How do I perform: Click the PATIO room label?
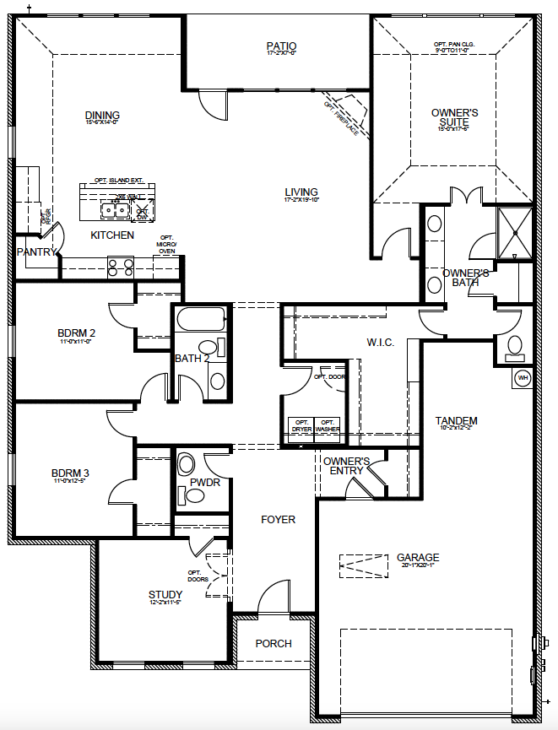click(281, 46)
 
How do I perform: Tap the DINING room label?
click(102, 116)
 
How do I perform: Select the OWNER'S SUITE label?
click(455, 117)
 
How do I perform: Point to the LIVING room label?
click(301, 192)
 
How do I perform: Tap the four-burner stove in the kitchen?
click(121, 267)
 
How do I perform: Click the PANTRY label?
click(36, 252)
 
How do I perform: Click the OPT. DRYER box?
click(301, 425)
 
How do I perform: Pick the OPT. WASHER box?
click(328, 425)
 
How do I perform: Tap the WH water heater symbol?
click(523, 378)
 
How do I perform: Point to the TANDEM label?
click(457, 421)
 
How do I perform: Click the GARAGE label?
click(418, 558)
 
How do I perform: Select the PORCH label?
click(274, 643)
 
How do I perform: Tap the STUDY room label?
click(165, 595)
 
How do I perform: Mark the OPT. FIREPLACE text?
click(341, 117)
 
